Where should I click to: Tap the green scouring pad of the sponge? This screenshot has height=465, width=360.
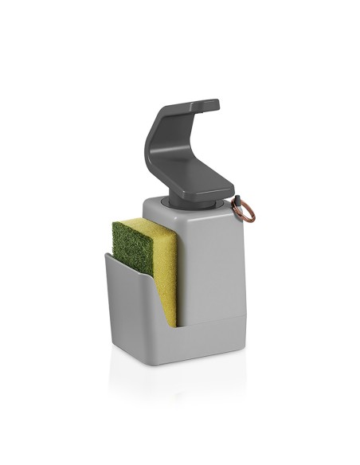(132, 248)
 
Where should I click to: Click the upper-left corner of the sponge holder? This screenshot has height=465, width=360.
(106, 254)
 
